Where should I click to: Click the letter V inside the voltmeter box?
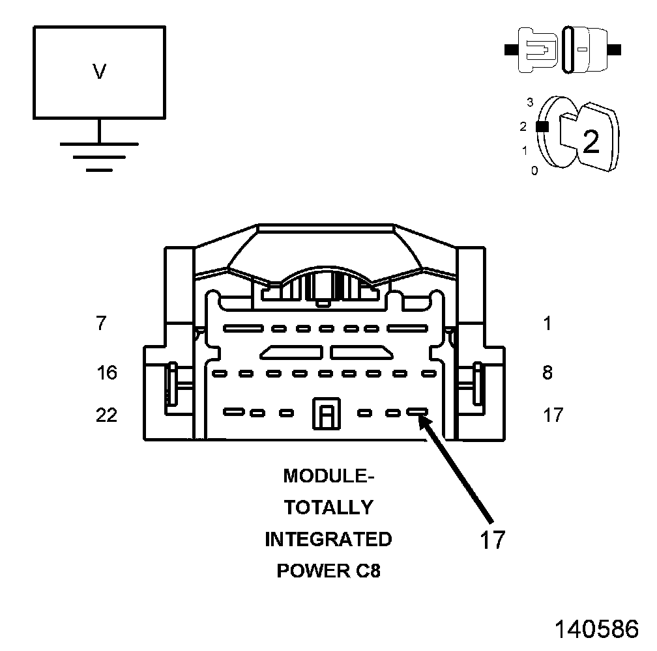(x=99, y=72)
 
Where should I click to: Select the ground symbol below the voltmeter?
(x=99, y=156)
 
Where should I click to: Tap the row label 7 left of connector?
(x=100, y=323)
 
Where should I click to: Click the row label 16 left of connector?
(x=106, y=372)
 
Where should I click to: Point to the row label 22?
(x=106, y=414)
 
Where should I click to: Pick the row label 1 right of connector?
(x=547, y=323)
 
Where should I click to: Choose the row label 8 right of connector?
(x=547, y=372)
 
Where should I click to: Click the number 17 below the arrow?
(x=492, y=540)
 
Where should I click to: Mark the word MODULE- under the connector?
(x=328, y=476)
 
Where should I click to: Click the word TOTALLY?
(x=328, y=508)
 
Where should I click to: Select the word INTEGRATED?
(x=328, y=540)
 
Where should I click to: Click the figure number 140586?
(x=596, y=630)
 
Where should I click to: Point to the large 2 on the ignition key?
(x=591, y=141)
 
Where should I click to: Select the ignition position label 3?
(x=530, y=102)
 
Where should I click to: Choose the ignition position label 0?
(x=534, y=171)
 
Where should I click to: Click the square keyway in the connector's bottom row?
(x=326, y=413)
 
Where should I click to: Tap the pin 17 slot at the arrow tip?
(x=417, y=412)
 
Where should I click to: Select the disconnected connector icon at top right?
(x=562, y=49)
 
